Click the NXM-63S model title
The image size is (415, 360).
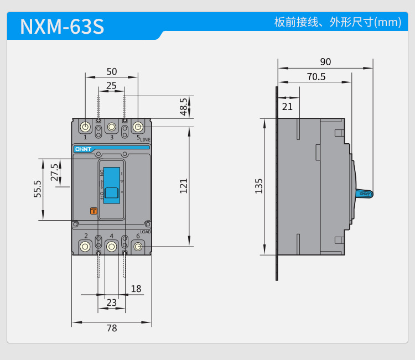pos(62,27)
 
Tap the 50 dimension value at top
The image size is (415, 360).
pos(112,71)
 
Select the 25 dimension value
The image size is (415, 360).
pos(111,85)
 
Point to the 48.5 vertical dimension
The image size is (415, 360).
pos(184,107)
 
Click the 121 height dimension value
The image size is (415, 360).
pos(184,185)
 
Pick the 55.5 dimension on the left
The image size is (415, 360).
pos(38,189)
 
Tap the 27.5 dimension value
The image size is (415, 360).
pos(54,172)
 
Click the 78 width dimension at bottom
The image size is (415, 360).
pos(112,328)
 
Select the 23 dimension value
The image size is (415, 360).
pos(111,302)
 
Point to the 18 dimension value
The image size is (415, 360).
pos(136,289)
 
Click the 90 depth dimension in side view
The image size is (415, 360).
pos(325,62)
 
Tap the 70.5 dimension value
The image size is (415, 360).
pos(316,77)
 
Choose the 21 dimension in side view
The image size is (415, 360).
pos(287,106)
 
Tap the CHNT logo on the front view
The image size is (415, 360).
pos(82,149)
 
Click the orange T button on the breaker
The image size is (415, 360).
pos(94,211)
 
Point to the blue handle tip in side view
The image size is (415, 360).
pos(365,194)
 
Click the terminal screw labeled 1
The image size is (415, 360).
pos(85,127)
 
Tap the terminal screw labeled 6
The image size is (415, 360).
pos(138,246)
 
